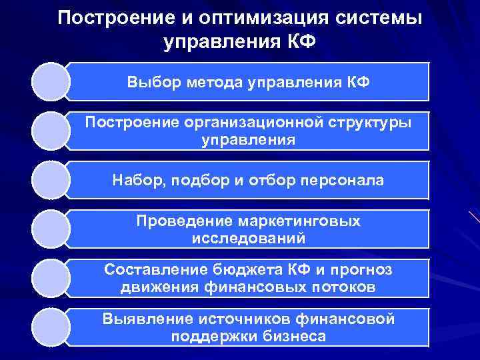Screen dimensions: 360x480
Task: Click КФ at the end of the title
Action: tap(300, 42)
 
